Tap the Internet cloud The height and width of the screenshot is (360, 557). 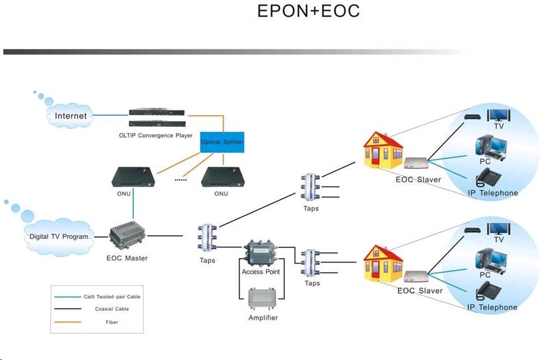(70, 116)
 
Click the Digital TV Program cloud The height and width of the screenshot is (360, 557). (58, 236)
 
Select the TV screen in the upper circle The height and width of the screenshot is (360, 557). (498, 114)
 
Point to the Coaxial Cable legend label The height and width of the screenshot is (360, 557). (112, 309)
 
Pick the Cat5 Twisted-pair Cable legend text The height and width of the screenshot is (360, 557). (112, 296)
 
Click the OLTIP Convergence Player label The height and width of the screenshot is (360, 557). (156, 135)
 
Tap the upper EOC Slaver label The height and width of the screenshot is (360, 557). (419, 179)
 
